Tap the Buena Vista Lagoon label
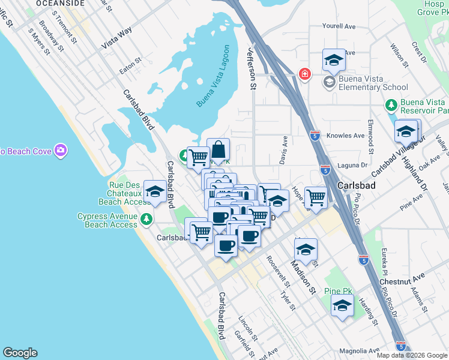(214, 76)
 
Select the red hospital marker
(305, 74)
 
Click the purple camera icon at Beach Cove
(60, 150)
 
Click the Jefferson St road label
(251, 70)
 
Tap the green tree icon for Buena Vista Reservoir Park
(391, 106)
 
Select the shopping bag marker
(218, 150)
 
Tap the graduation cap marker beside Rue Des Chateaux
(155, 191)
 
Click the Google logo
(20, 353)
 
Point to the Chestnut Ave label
(402, 277)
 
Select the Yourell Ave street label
(339, 26)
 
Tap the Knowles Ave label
(345, 136)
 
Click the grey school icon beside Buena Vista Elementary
(330, 82)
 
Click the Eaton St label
(130, 65)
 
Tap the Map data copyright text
(411, 355)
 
